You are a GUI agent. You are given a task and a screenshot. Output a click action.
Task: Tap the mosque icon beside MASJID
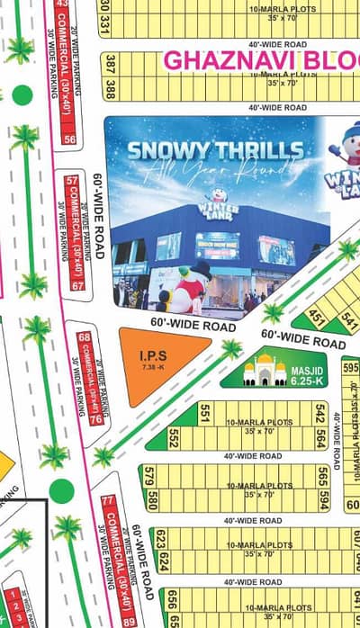coord(265,368)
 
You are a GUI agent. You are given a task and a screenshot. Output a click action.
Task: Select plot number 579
coord(149,474)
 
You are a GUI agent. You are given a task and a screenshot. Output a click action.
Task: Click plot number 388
coord(111,90)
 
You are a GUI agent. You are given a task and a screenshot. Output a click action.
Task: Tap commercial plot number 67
coord(77,285)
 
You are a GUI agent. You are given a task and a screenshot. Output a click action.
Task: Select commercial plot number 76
coord(94,420)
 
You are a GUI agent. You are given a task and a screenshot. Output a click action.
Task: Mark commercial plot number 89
coord(129,621)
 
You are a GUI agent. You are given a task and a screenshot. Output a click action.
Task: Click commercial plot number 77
coord(107,500)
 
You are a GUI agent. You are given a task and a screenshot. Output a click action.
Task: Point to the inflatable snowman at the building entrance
coord(190,289)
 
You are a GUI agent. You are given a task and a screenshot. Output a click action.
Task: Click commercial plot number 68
coord(85,337)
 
